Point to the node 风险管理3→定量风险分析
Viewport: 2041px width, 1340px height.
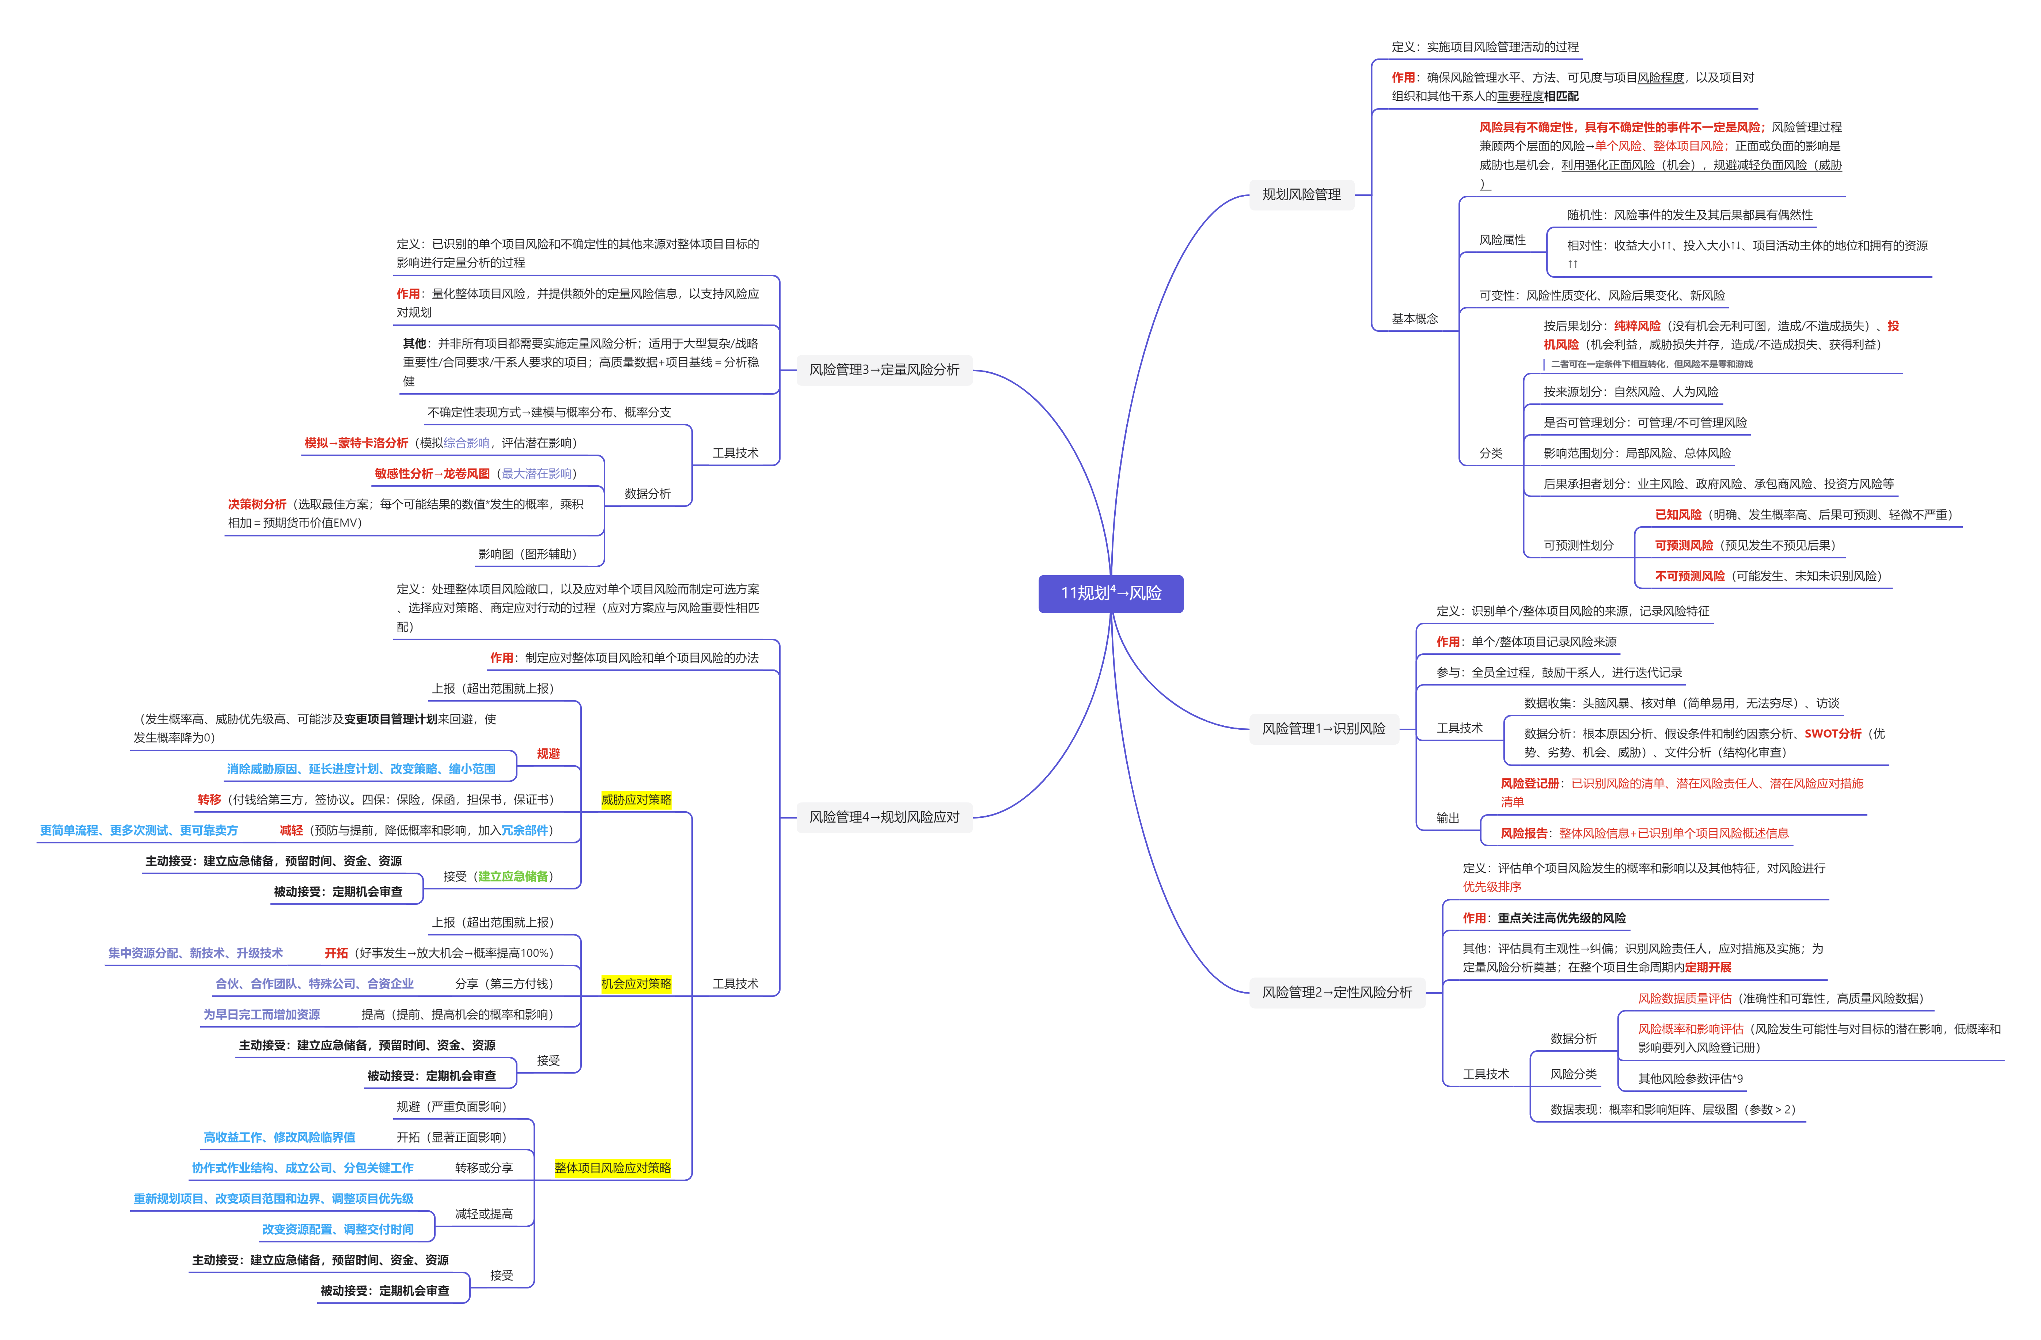[x=884, y=369]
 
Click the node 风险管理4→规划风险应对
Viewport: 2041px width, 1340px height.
[x=884, y=817]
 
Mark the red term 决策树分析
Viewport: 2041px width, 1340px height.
[x=257, y=504]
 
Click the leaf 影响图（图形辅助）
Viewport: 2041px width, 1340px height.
[x=527, y=554]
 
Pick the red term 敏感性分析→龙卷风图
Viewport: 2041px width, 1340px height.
[x=432, y=473]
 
